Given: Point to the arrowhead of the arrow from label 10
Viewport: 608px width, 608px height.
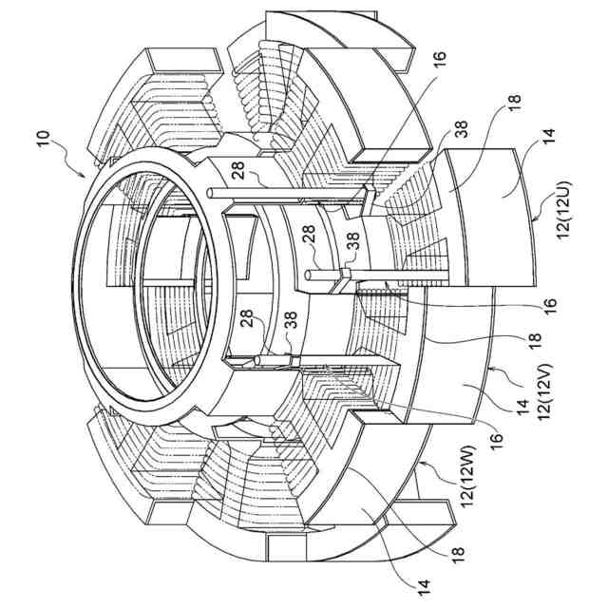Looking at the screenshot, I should (x=86, y=178).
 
